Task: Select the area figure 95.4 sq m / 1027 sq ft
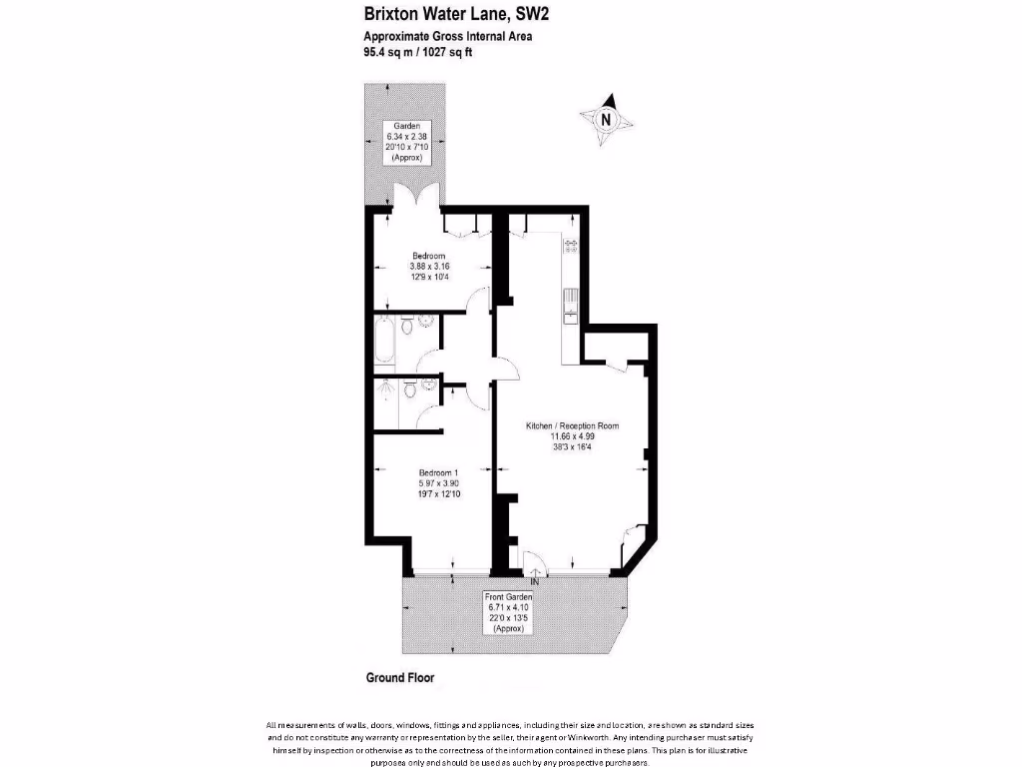click(x=418, y=53)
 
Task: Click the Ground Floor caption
click(x=399, y=677)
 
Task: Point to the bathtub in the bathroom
click(x=384, y=342)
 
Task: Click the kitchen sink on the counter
click(x=571, y=306)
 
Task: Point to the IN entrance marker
click(x=535, y=581)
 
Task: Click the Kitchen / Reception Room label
click(x=573, y=426)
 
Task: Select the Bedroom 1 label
click(x=437, y=473)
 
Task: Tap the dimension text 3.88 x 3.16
click(x=430, y=267)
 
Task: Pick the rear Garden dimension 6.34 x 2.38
click(x=409, y=137)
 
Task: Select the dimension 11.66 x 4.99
click(x=573, y=436)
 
